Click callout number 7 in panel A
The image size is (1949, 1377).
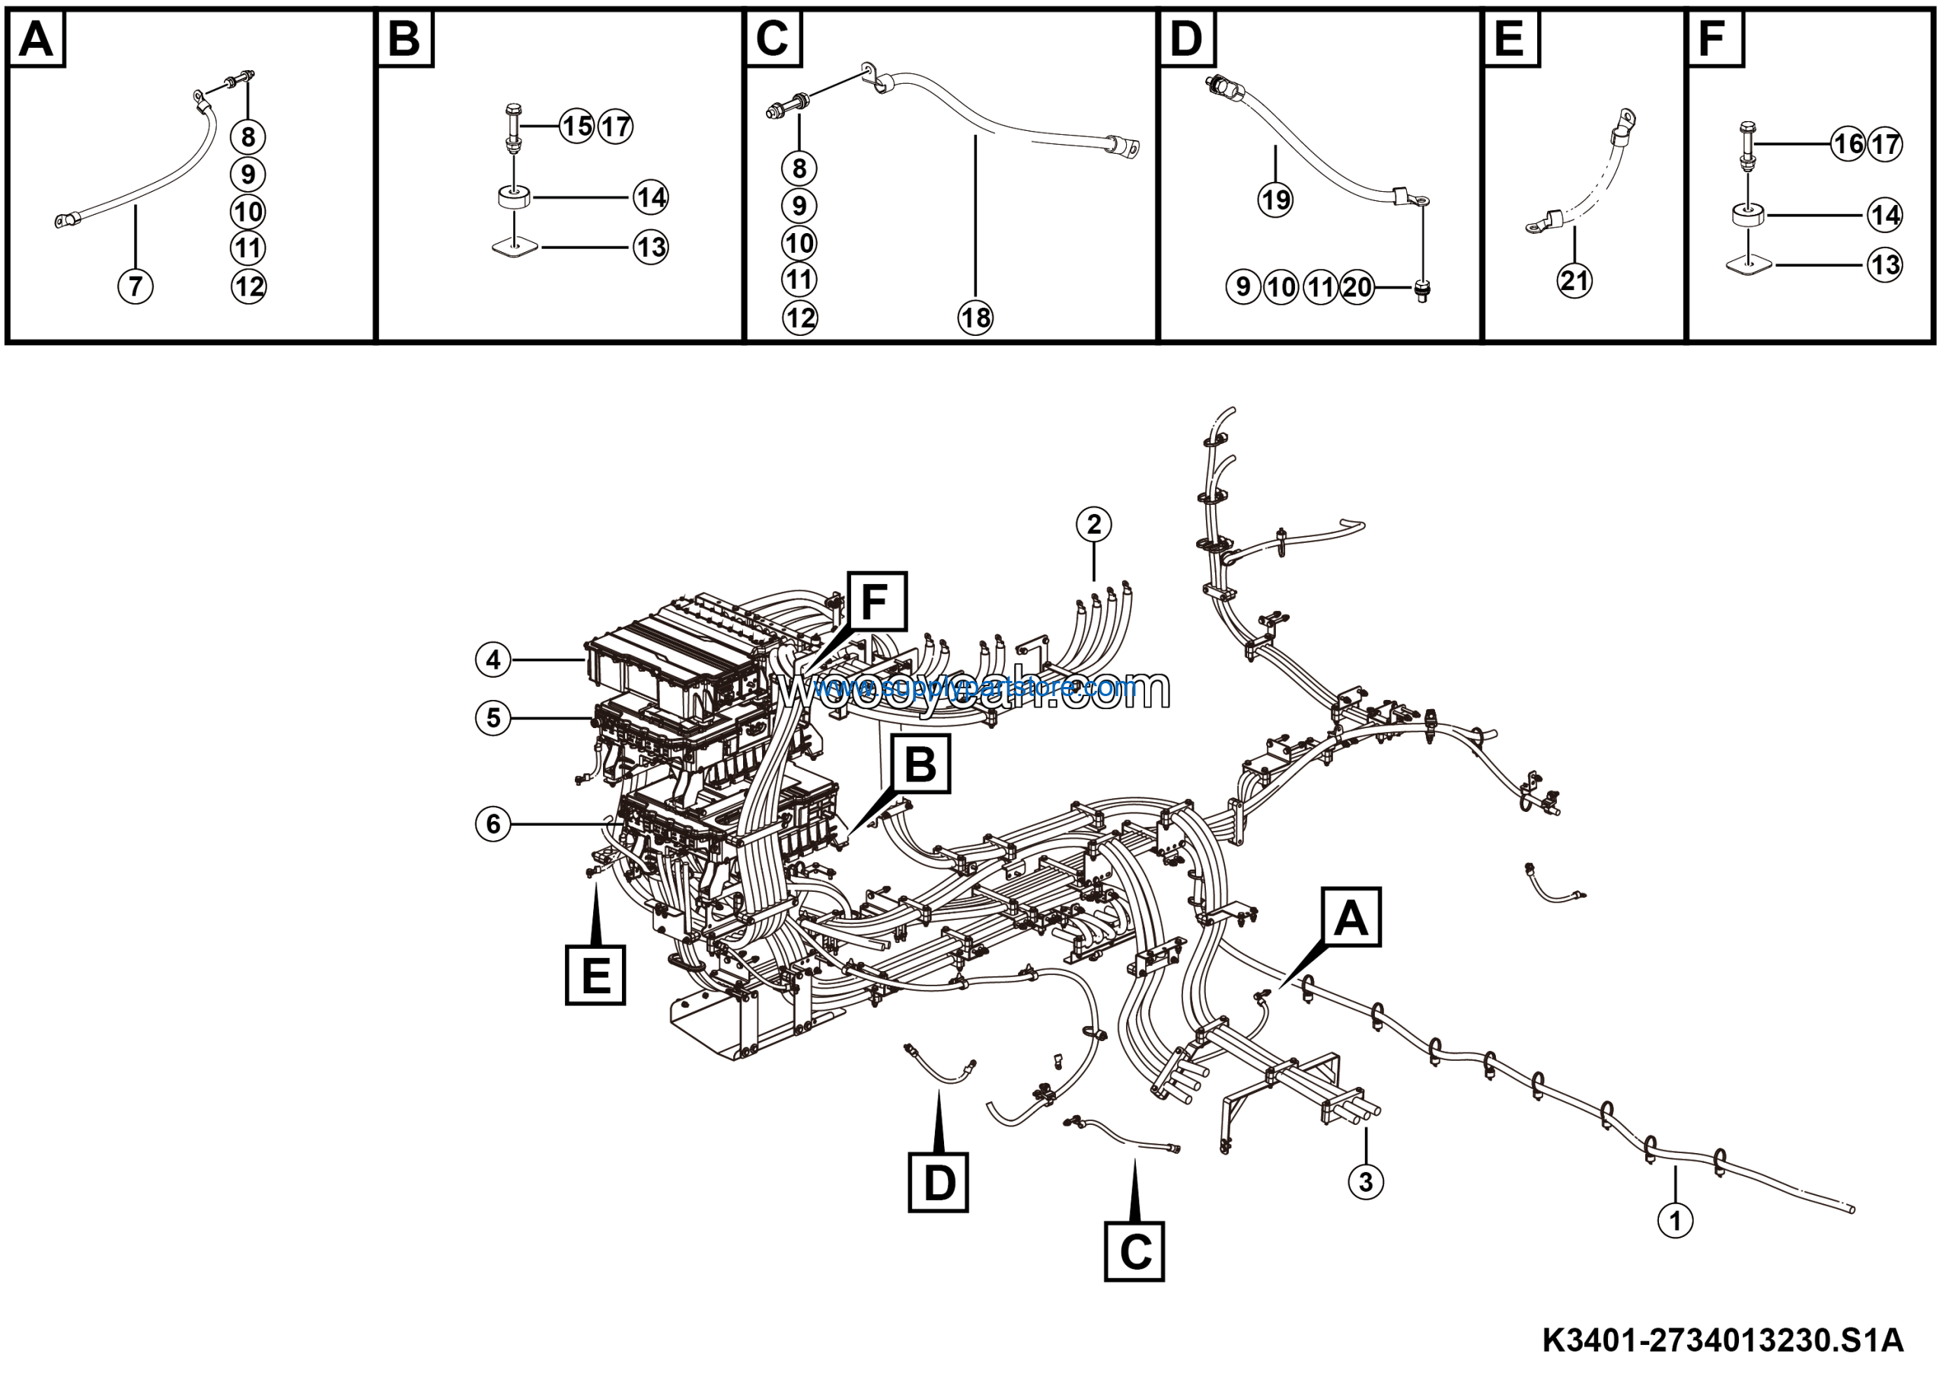(136, 286)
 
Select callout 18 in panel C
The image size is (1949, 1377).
(975, 318)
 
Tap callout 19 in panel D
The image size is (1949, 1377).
(1275, 200)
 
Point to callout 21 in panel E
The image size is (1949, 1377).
(1574, 280)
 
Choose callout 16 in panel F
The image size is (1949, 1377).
(1848, 144)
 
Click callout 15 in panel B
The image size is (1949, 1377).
(577, 126)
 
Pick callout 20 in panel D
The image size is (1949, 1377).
(1357, 287)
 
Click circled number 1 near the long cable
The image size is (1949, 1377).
(1675, 1222)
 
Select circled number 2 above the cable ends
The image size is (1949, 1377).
(1093, 524)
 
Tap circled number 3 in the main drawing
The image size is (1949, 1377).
(1366, 1181)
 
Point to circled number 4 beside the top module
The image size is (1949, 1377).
(493, 660)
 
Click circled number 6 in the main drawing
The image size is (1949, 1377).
(493, 823)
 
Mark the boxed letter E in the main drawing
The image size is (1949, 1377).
(595, 975)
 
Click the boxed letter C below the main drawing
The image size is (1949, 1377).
(1134, 1251)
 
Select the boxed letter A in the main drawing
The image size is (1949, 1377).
(1351, 918)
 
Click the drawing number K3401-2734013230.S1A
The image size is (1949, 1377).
(1722, 1340)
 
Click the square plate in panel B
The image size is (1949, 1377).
(515, 247)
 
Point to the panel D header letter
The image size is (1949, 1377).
(1186, 39)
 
